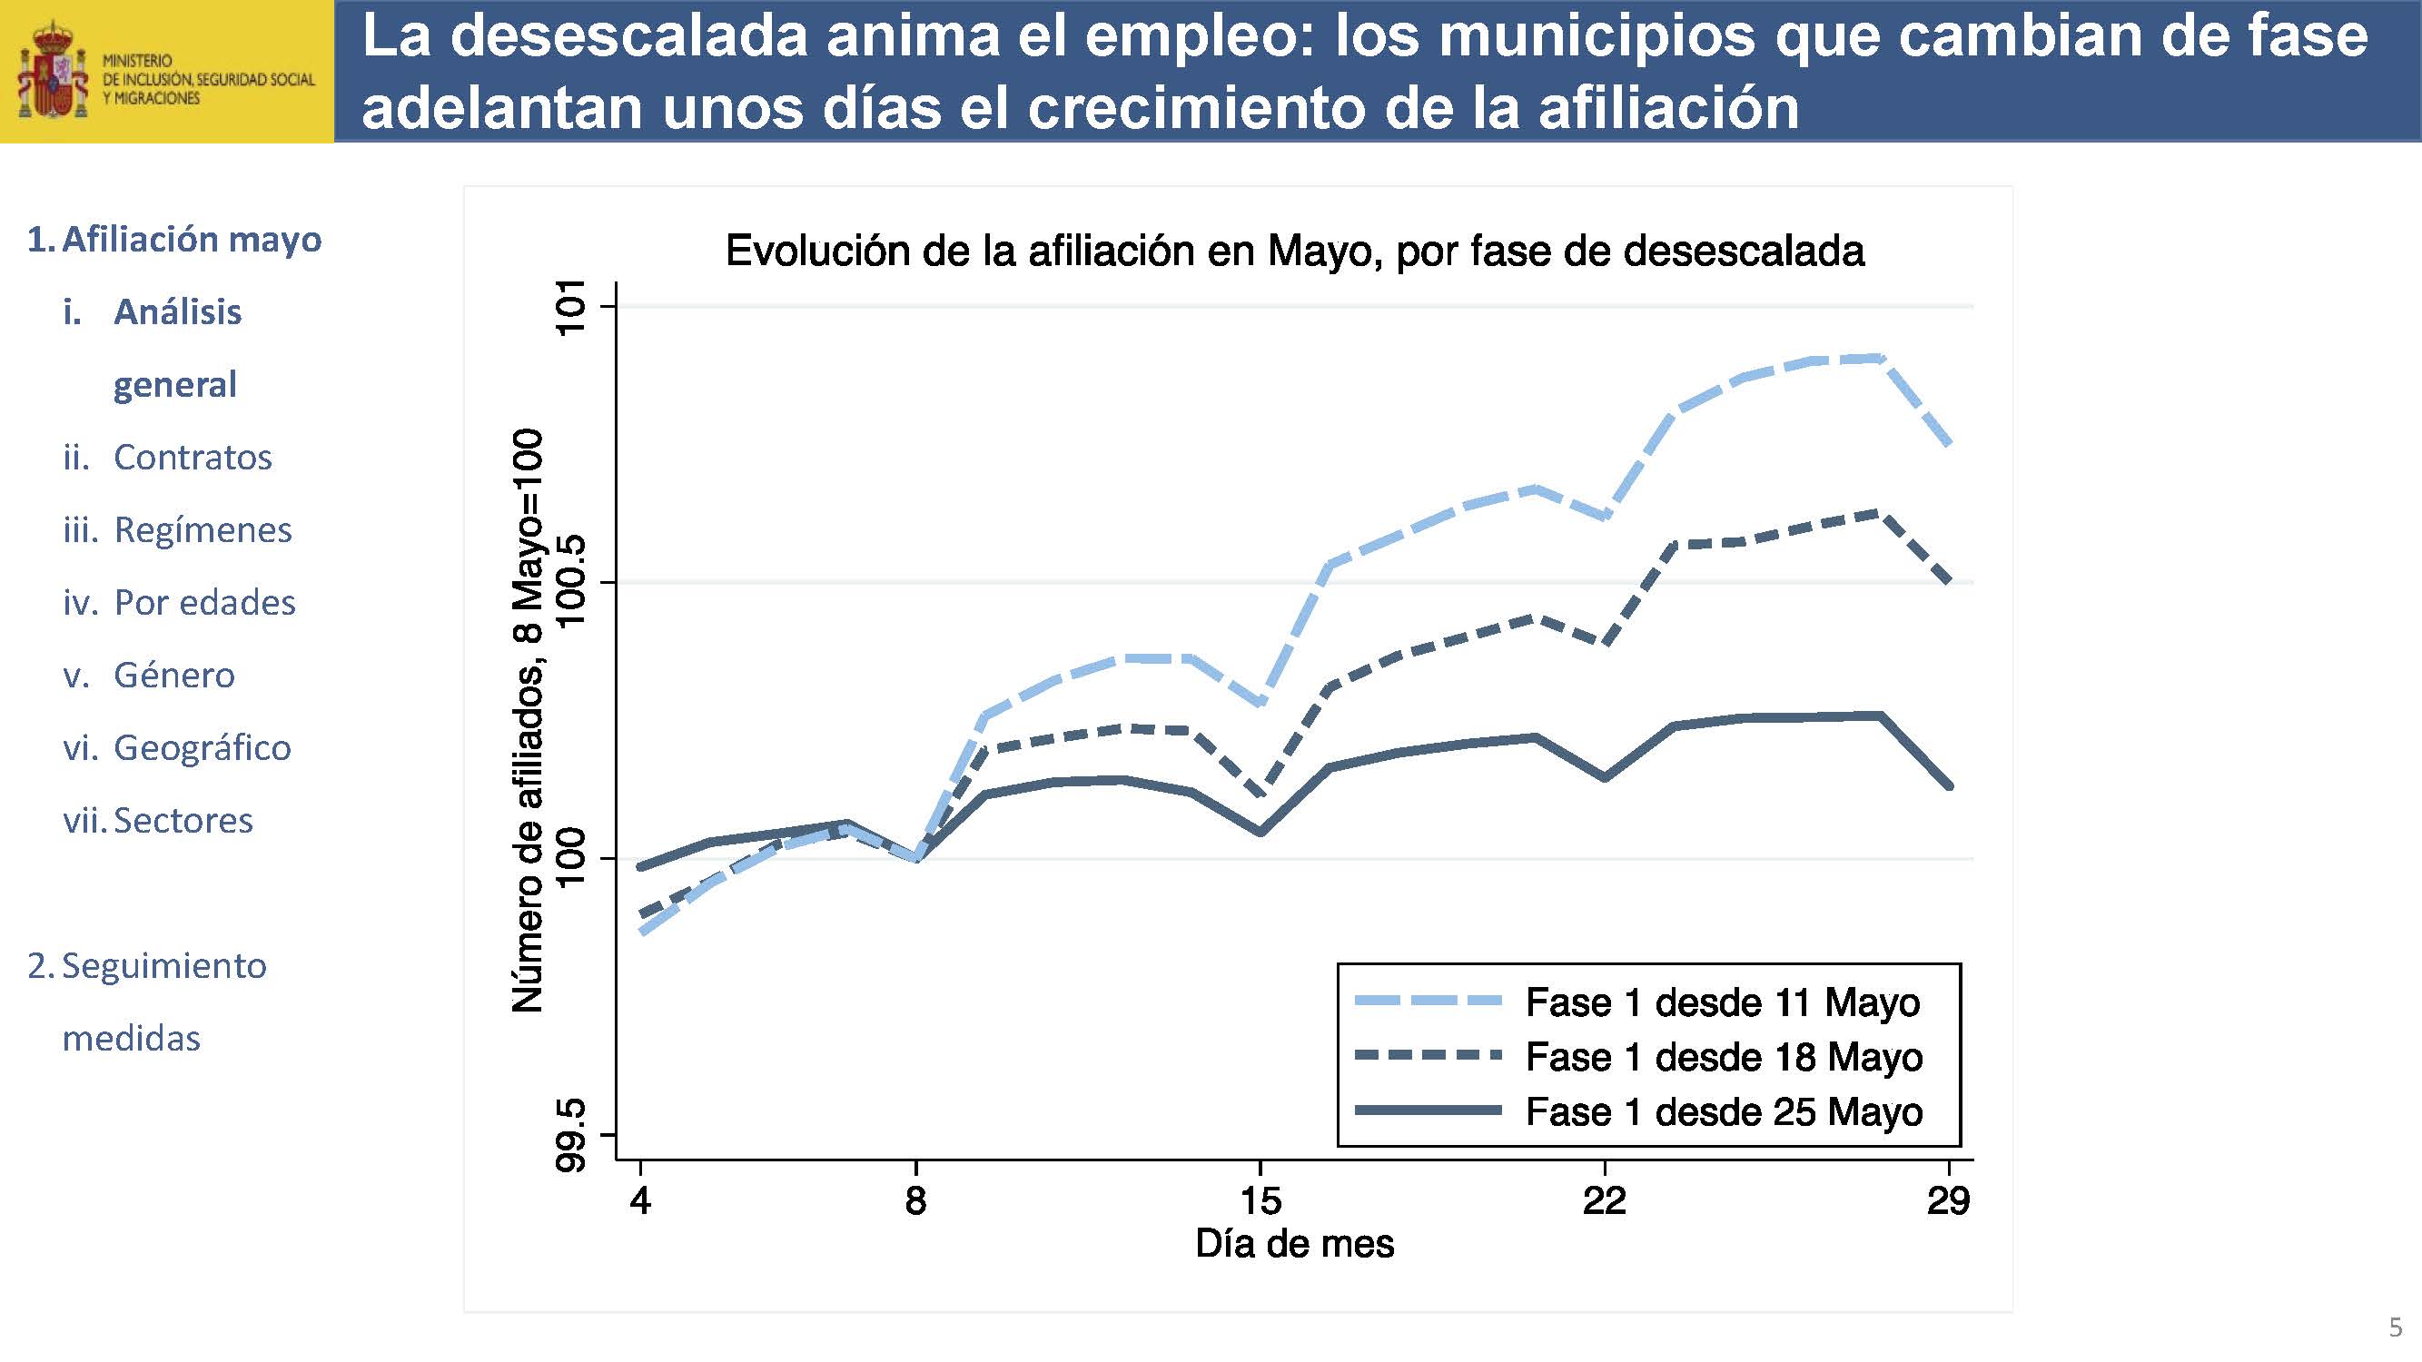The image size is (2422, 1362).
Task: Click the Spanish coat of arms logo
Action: [53, 72]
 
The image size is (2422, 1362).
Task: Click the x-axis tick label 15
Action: [1260, 1200]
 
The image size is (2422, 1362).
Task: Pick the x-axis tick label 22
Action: [1604, 1200]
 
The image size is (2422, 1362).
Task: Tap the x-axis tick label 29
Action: [1948, 1200]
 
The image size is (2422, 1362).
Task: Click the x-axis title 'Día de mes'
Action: [1294, 1244]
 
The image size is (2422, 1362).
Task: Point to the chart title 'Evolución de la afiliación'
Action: [1294, 251]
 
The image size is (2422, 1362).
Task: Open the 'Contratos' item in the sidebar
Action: [192, 457]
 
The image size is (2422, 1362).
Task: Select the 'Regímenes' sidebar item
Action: [203, 530]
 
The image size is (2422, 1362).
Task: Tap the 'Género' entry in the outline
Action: [174, 675]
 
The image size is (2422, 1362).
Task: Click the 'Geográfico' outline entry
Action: [203, 748]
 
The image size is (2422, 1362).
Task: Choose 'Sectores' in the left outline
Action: [183, 821]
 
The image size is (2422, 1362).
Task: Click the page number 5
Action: [2395, 1327]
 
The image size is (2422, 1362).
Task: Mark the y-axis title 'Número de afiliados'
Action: [528, 720]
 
